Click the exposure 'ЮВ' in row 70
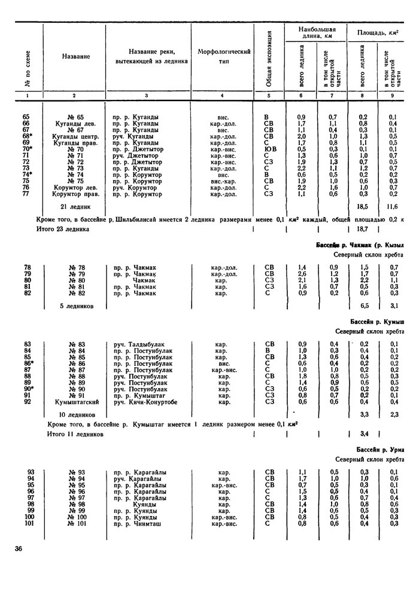point(269,149)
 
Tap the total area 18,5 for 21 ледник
point(362,206)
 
